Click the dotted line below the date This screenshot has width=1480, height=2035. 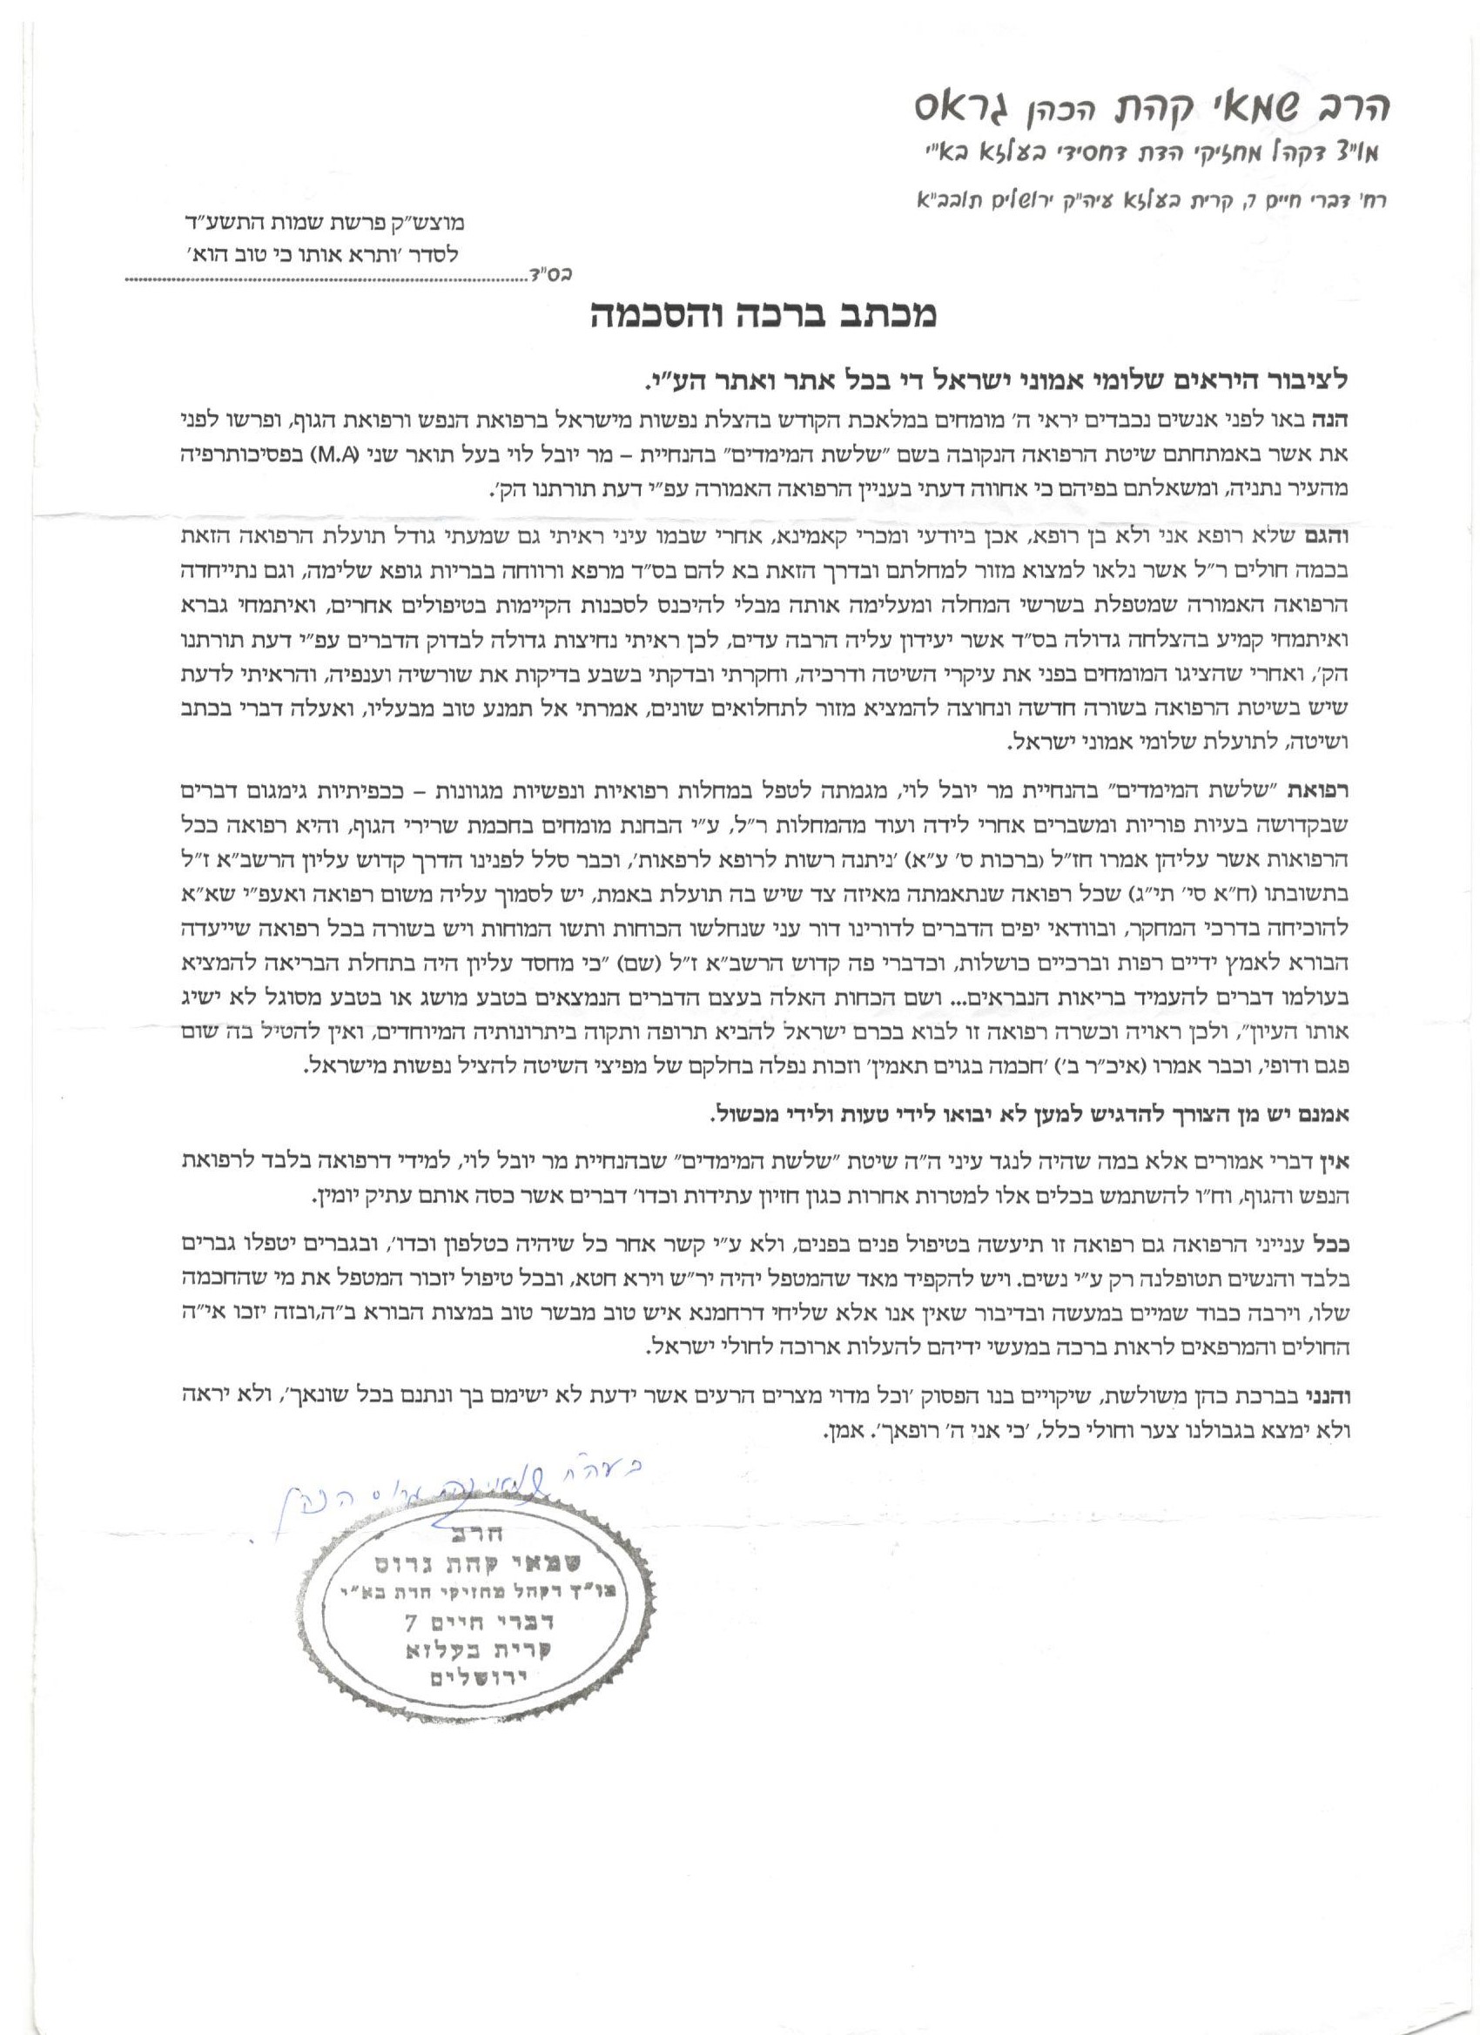[323, 279]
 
